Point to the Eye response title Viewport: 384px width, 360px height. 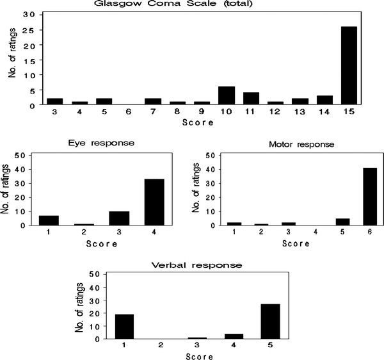(x=102, y=142)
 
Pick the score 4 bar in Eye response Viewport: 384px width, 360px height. (x=156, y=202)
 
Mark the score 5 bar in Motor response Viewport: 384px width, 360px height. (x=325, y=222)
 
